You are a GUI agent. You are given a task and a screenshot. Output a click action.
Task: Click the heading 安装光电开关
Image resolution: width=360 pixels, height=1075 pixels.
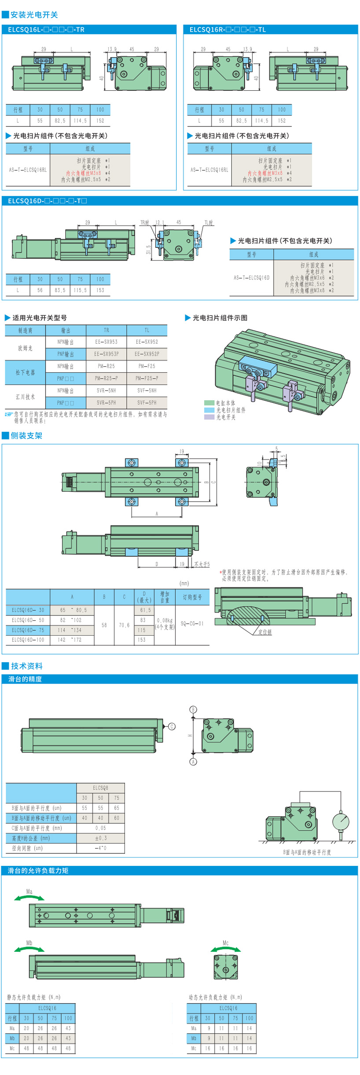click(34, 15)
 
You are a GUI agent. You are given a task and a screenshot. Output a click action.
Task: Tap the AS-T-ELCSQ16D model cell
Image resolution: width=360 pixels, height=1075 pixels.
click(251, 277)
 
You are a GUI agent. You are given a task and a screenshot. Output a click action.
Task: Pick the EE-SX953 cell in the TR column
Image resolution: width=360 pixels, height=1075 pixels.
click(106, 342)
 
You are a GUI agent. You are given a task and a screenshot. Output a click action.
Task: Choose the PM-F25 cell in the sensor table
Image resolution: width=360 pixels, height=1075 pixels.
click(147, 366)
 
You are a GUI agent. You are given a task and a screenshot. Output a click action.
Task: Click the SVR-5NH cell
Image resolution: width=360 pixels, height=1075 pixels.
click(106, 390)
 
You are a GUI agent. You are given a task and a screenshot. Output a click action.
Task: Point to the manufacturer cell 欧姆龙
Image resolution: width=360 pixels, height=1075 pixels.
click(25, 348)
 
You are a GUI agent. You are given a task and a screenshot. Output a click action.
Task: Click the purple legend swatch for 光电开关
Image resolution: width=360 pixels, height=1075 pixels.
click(209, 417)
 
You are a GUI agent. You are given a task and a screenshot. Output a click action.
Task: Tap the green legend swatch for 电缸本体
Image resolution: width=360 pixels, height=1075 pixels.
click(209, 403)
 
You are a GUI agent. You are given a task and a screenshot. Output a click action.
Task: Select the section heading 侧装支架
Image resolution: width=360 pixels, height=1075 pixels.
click(26, 435)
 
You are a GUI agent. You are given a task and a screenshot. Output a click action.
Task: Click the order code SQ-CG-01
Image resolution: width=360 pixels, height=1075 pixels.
click(192, 623)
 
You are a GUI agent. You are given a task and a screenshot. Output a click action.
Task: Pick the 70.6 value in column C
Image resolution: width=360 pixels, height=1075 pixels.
click(124, 625)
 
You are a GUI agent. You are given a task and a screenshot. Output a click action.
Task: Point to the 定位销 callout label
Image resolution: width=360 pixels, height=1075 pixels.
click(264, 632)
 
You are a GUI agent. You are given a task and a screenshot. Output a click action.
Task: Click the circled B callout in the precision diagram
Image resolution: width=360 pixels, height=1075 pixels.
click(193, 710)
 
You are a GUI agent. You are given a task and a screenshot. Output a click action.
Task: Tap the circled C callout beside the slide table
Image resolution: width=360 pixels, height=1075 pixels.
click(172, 726)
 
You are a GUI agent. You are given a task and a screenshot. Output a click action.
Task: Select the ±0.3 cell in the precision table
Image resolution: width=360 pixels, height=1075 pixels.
click(101, 838)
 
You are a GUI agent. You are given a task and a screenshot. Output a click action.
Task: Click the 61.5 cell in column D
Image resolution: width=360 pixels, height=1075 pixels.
click(145, 610)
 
